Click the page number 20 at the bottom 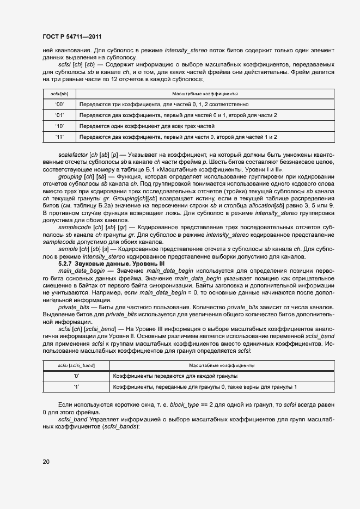(x=46, y=462)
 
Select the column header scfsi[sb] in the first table (x=59, y=94)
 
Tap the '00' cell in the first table (x=59, y=103)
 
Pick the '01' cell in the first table (x=59, y=115)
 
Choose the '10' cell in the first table (x=59, y=126)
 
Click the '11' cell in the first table (x=59, y=137)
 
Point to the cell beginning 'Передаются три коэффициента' (x=163, y=103)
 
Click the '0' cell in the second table (x=76, y=376)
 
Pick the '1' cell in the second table (x=76, y=387)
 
